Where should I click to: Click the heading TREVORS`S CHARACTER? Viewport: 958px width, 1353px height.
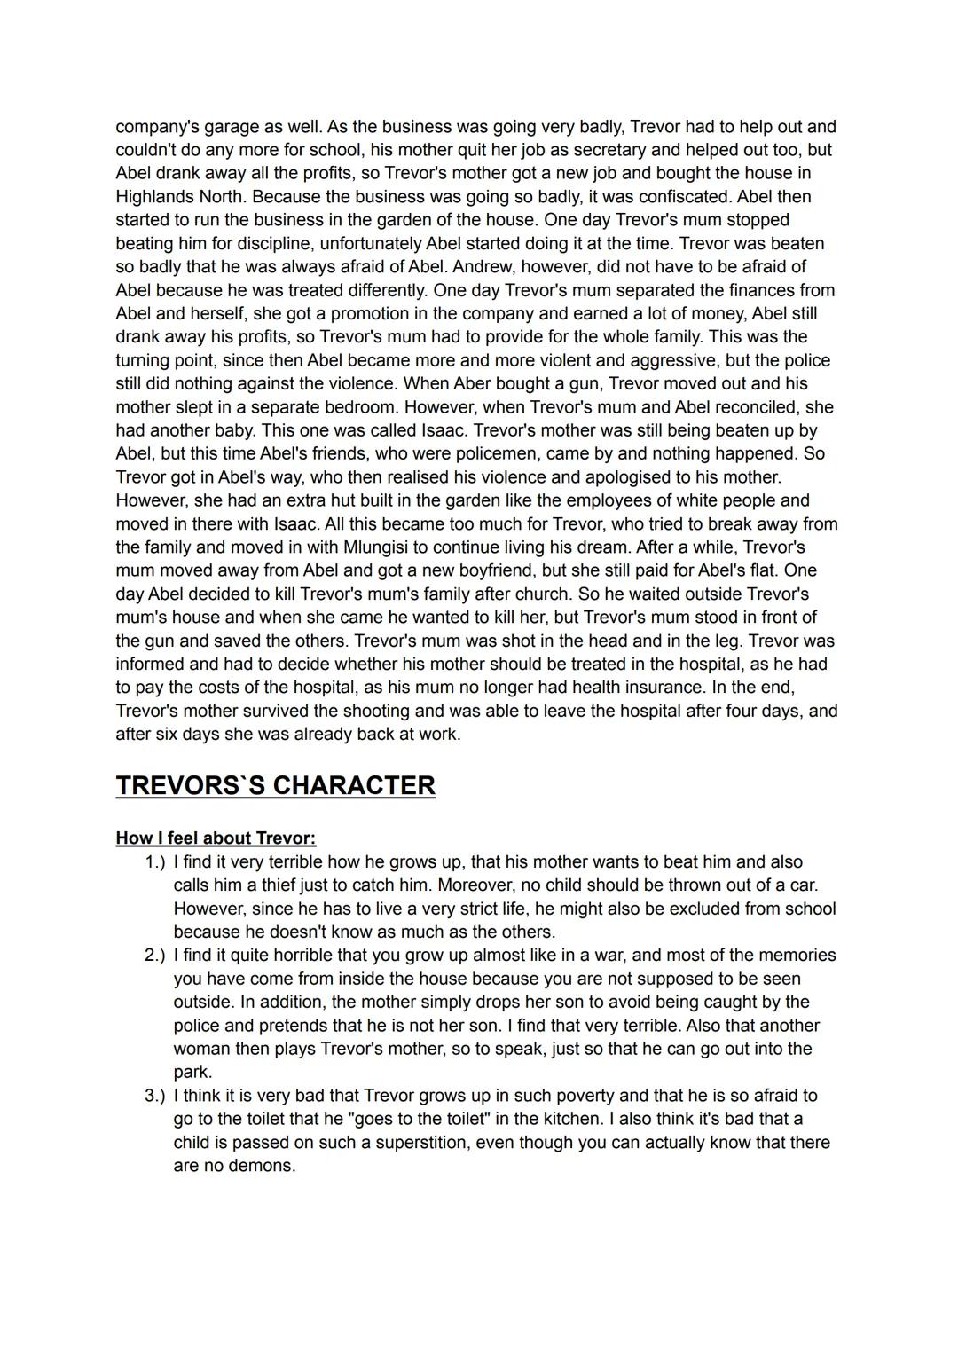point(275,785)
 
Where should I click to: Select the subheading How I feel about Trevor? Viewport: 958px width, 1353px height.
point(216,838)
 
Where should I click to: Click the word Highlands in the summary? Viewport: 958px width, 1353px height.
point(152,196)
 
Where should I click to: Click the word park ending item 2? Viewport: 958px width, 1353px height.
point(191,1072)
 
